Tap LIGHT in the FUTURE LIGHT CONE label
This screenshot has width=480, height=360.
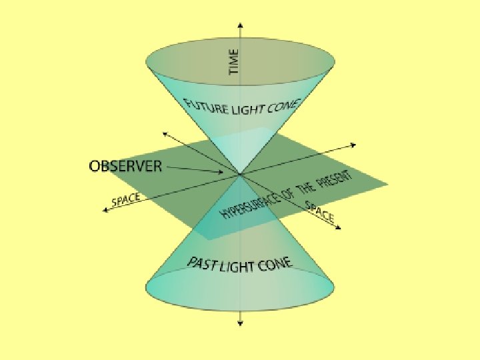(x=247, y=111)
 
